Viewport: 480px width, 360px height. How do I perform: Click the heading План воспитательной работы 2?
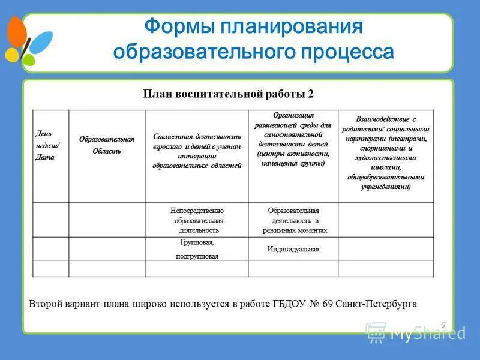coord(228,94)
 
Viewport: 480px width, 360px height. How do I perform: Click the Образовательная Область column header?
coord(107,145)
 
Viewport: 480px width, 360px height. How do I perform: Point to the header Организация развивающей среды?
coord(293,139)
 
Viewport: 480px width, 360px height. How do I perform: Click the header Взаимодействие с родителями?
coord(385,153)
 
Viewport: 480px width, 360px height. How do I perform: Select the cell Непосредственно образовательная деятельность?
coord(197,220)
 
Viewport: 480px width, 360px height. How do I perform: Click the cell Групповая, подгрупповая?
coord(197,249)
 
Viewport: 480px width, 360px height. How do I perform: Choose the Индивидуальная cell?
coord(293,249)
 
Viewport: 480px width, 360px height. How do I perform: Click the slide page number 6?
coord(443,325)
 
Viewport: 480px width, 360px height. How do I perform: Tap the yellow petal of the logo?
coord(12,55)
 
